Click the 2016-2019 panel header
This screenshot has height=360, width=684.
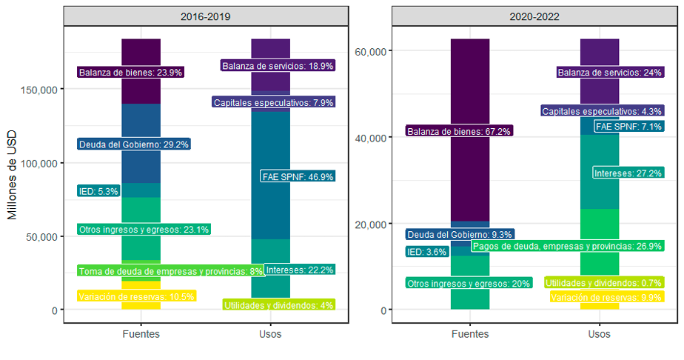pos(206,16)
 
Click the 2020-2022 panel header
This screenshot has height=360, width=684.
pos(534,16)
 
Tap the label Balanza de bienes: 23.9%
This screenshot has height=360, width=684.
pos(130,73)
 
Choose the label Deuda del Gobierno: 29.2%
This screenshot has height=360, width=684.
pos(133,144)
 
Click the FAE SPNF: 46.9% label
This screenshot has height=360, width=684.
pos(298,176)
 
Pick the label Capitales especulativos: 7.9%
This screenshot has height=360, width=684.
pos(274,102)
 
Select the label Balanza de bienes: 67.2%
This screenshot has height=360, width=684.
pos(459,131)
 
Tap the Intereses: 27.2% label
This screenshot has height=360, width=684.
pos(628,173)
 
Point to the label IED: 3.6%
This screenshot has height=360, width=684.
pos(427,252)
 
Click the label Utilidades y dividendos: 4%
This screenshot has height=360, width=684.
pos(279,304)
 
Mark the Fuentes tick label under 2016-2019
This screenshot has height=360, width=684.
pos(141,334)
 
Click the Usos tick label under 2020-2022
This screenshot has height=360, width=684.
pos(599,334)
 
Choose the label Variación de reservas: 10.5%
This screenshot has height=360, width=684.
pos(136,296)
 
